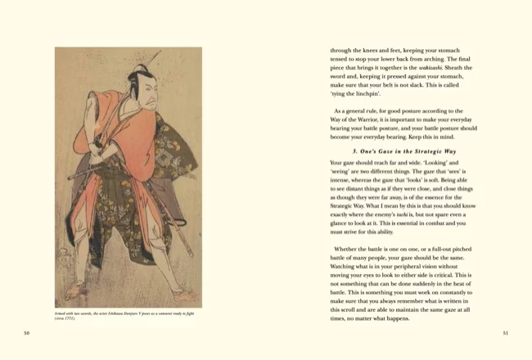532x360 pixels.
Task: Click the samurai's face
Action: click(146, 90)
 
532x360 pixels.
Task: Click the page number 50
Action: click(27, 333)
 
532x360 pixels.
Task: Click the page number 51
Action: click(505, 333)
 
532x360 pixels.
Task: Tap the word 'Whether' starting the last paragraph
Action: click(349, 249)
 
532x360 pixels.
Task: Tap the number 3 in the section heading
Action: click(354, 151)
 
